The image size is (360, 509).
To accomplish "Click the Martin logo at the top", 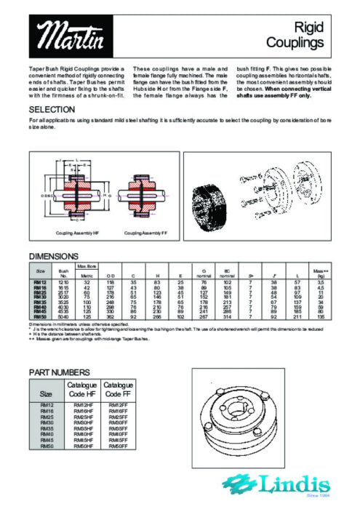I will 65,33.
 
